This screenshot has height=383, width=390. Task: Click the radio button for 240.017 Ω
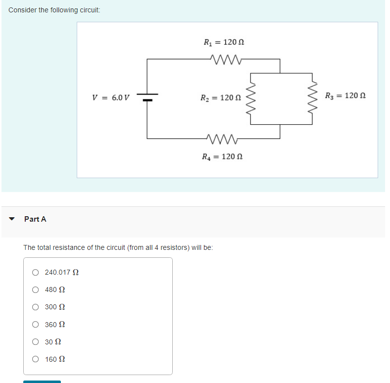(36, 272)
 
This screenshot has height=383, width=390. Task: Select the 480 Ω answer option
(36, 289)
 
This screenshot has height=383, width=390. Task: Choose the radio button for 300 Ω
(36, 307)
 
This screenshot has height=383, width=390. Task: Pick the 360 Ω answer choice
(36, 325)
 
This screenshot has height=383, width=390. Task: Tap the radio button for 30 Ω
(36, 342)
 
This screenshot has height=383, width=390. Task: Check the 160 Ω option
(36, 359)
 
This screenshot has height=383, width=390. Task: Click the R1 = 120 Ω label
(224, 43)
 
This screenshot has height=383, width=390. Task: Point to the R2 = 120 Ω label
(220, 97)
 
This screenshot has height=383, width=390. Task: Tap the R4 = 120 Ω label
(222, 157)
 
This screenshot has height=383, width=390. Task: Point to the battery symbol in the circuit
(147, 97)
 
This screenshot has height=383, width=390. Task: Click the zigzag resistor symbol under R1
(225, 59)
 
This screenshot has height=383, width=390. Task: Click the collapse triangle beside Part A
(12, 219)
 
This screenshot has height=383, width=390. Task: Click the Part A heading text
(35, 219)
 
